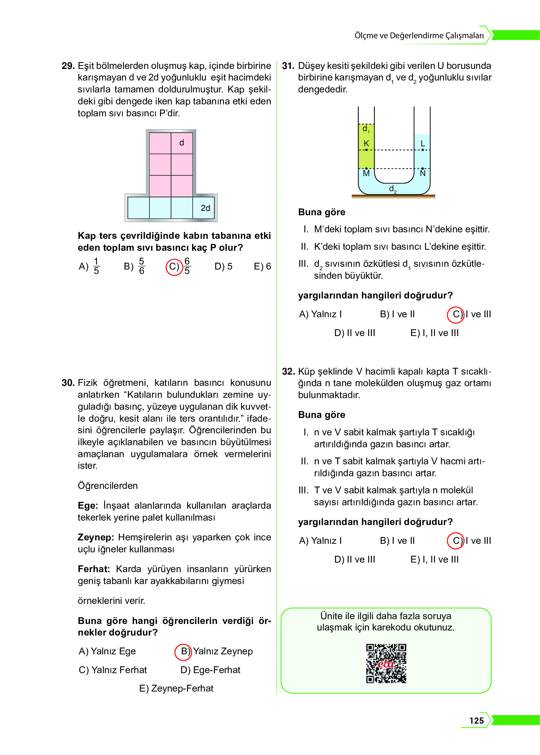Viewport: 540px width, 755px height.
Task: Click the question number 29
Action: pyautogui.click(x=68, y=66)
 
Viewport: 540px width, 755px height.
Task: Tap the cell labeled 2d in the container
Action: pyautogui.click(x=205, y=207)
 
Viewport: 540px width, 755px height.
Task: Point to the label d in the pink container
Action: pyautogui.click(x=181, y=143)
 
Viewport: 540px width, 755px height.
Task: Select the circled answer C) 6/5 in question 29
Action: pyautogui.click(x=178, y=266)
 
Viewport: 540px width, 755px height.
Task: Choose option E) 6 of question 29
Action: pyautogui.click(x=262, y=266)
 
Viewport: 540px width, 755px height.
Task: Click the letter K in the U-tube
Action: pyautogui.click(x=366, y=143)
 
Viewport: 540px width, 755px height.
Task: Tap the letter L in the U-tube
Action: pyautogui.click(x=423, y=143)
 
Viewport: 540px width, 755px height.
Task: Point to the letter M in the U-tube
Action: pyautogui.click(x=366, y=173)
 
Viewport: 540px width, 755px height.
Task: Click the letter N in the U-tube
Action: pyautogui.click(x=423, y=173)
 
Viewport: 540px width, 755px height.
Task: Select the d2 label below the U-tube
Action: pyautogui.click(x=393, y=189)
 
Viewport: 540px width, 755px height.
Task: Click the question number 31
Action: pyautogui.click(x=288, y=66)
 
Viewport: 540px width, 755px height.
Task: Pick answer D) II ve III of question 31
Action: pyautogui.click(x=354, y=333)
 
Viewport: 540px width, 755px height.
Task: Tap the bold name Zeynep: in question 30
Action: pyautogui.click(x=96, y=537)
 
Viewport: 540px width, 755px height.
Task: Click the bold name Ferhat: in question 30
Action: pyautogui.click(x=94, y=569)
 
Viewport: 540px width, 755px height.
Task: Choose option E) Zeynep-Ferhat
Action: pyautogui.click(x=176, y=688)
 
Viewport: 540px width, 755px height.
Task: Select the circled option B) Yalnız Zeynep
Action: pyautogui.click(x=213, y=651)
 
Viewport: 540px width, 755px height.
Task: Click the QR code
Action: pyautogui.click(x=386, y=663)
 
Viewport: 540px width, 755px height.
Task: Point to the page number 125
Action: pyautogui.click(x=476, y=721)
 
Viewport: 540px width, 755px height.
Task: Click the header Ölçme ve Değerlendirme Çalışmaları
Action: pyautogui.click(x=419, y=35)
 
